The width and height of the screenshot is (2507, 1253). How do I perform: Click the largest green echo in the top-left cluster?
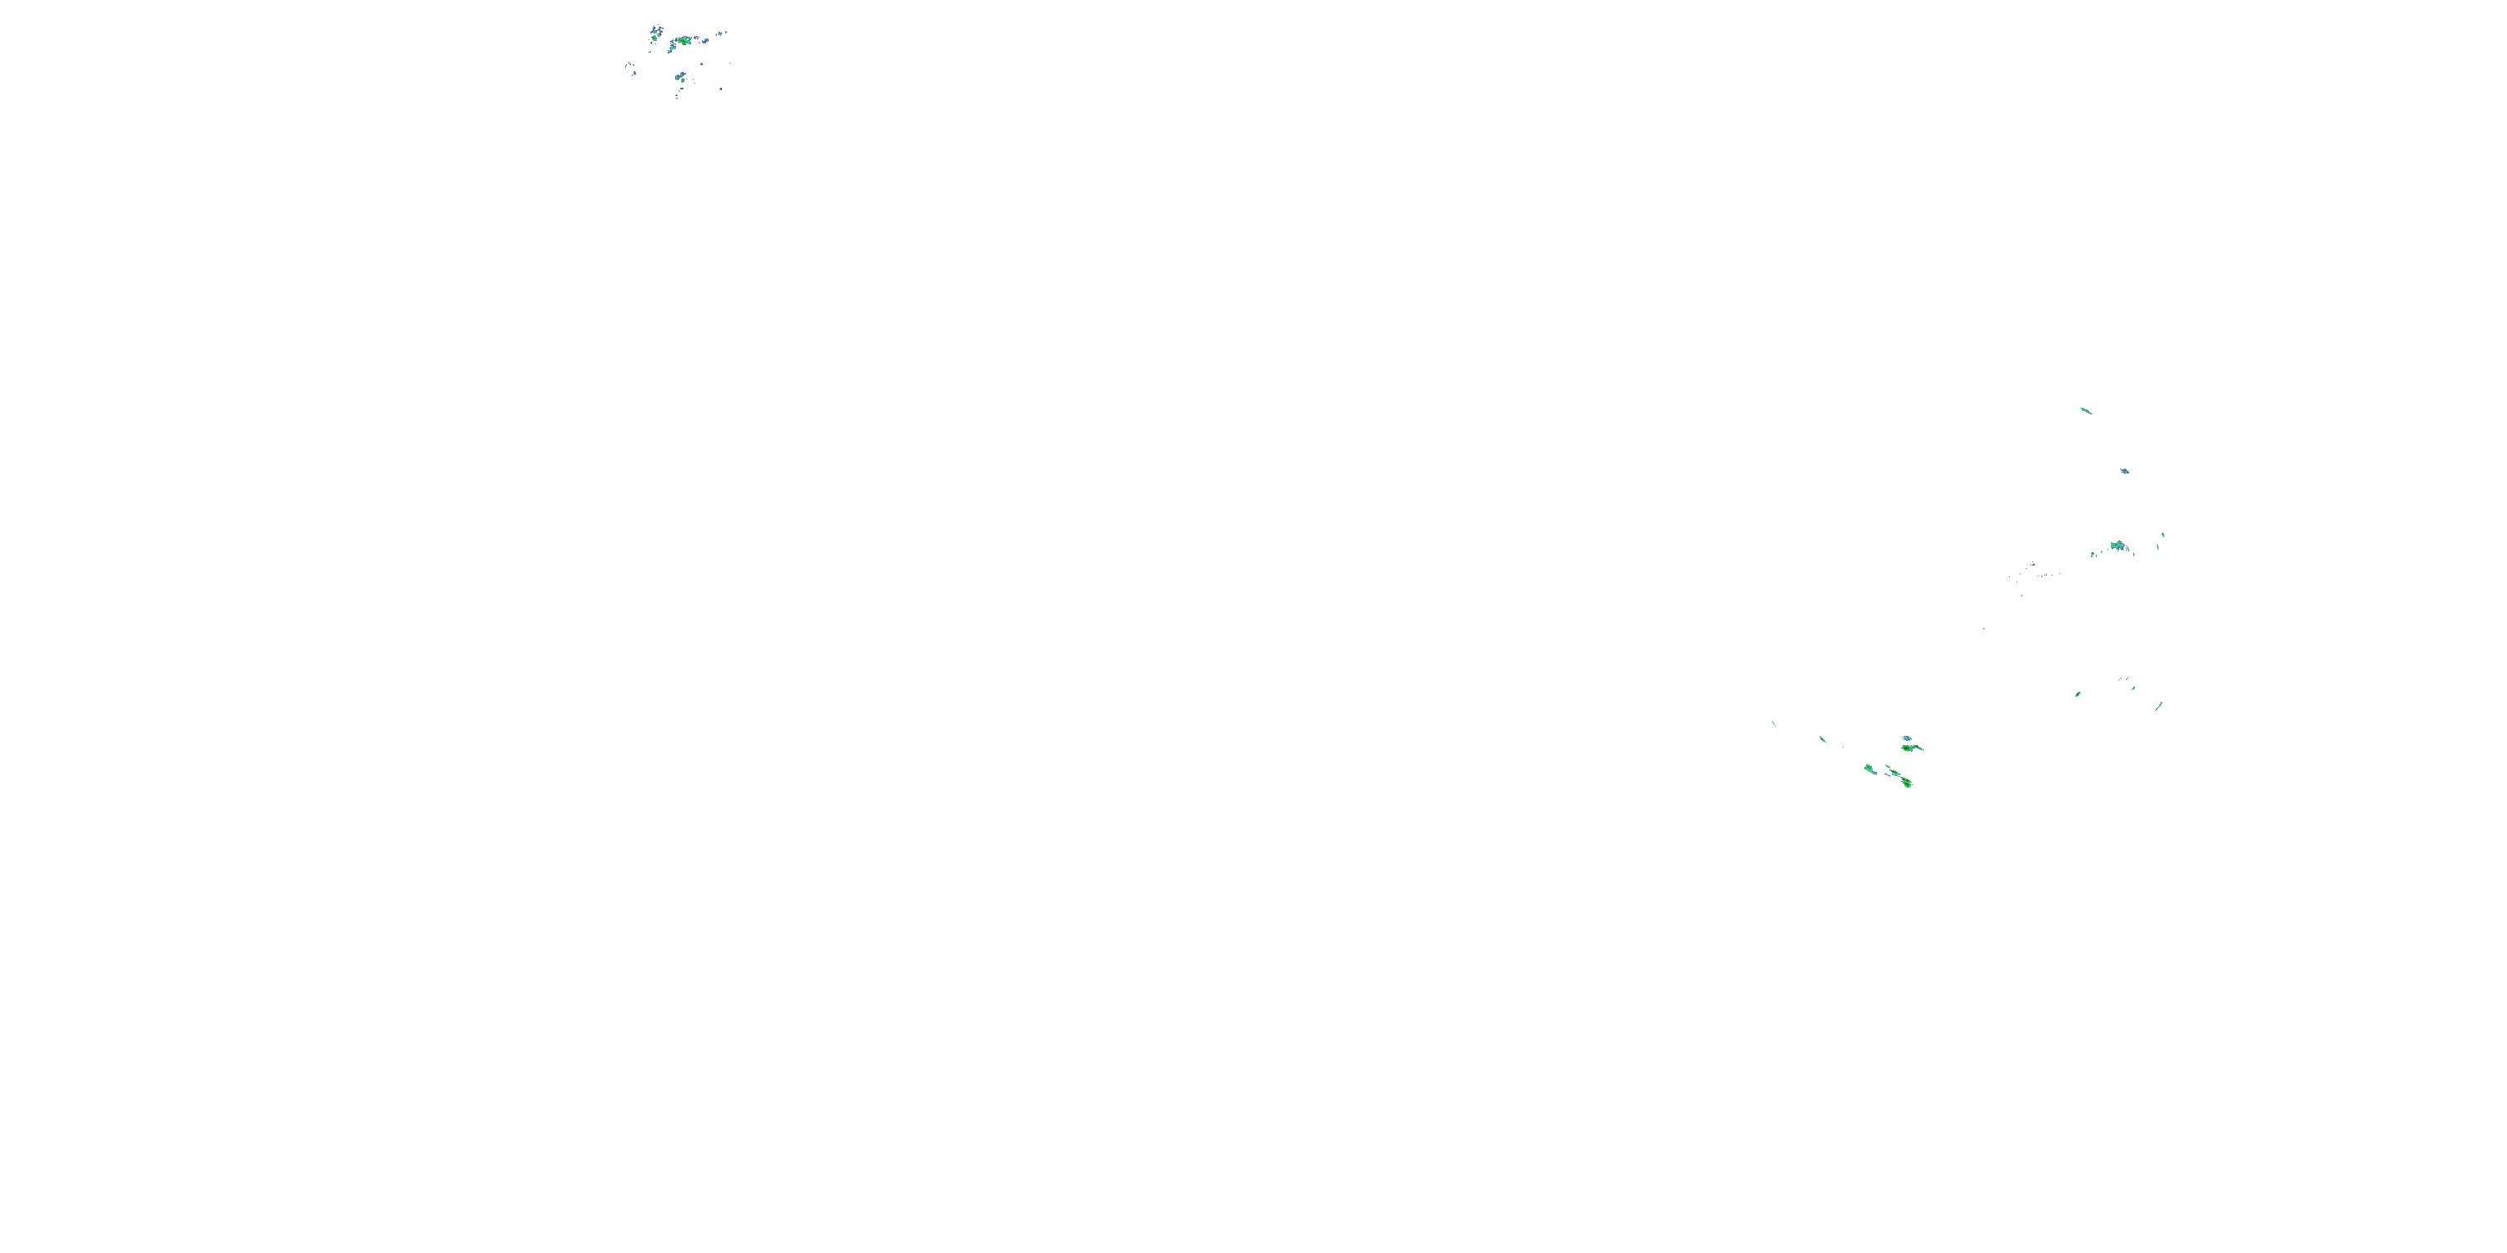pyautogui.click(x=685, y=41)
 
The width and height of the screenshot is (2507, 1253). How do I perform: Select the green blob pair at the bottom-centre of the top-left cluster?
pyautogui.click(x=680, y=76)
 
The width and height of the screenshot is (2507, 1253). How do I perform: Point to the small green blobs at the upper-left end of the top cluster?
pyautogui.click(x=656, y=32)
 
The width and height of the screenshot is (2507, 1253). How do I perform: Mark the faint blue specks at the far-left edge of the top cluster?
pyautogui.click(x=629, y=68)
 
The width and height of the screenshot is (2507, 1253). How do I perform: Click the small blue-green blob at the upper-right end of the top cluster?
pyautogui.click(x=721, y=34)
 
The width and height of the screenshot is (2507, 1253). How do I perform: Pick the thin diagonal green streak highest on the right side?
pyautogui.click(x=2085, y=410)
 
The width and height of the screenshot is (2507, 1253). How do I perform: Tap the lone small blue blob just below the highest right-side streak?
pyautogui.click(x=2124, y=471)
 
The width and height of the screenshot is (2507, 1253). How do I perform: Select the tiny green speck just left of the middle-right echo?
pyautogui.click(x=2094, y=555)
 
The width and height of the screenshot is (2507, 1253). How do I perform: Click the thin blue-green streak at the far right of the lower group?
pyautogui.click(x=2159, y=704)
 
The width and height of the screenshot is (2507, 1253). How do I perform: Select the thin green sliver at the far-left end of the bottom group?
pyautogui.click(x=1773, y=723)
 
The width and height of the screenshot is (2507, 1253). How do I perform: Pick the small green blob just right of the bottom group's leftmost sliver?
pyautogui.click(x=1822, y=738)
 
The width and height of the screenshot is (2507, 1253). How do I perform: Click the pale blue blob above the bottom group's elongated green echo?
pyautogui.click(x=1908, y=738)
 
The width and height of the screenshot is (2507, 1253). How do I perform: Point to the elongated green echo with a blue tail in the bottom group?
pyautogui.click(x=1911, y=748)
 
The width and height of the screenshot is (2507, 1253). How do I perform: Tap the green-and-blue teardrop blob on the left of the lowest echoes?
pyautogui.click(x=1869, y=769)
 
